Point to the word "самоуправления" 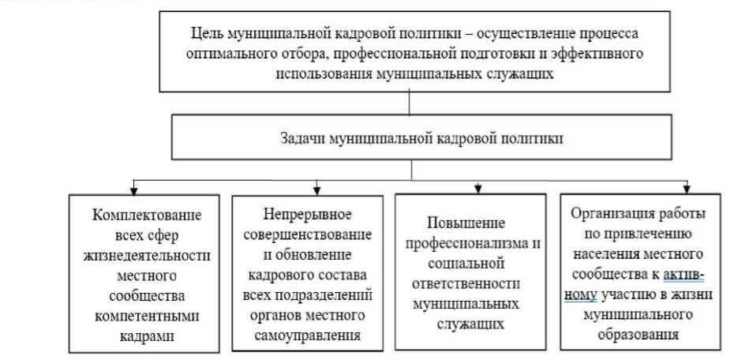click(315, 336)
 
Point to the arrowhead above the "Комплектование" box click(136, 189)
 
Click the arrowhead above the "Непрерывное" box click(316, 189)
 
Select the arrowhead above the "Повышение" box click(478, 189)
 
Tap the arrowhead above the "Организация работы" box click(687, 189)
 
